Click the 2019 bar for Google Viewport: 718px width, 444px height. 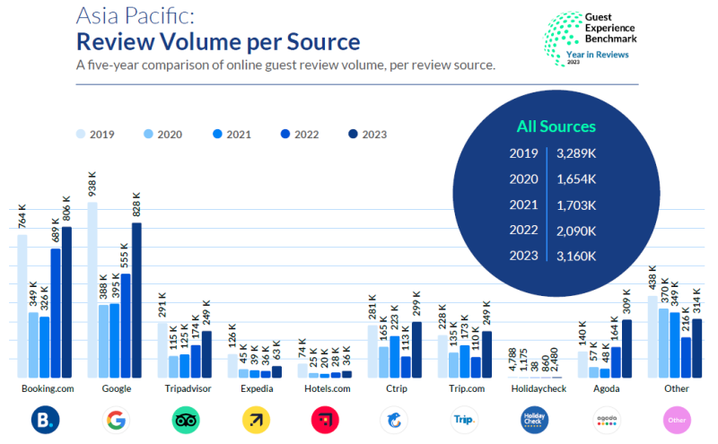point(92,291)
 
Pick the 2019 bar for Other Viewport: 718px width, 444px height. point(652,337)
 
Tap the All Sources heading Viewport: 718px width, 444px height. point(556,126)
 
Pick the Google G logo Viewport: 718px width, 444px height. point(116,420)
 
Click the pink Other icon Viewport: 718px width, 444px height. point(677,420)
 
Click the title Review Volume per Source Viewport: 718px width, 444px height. point(218,41)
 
